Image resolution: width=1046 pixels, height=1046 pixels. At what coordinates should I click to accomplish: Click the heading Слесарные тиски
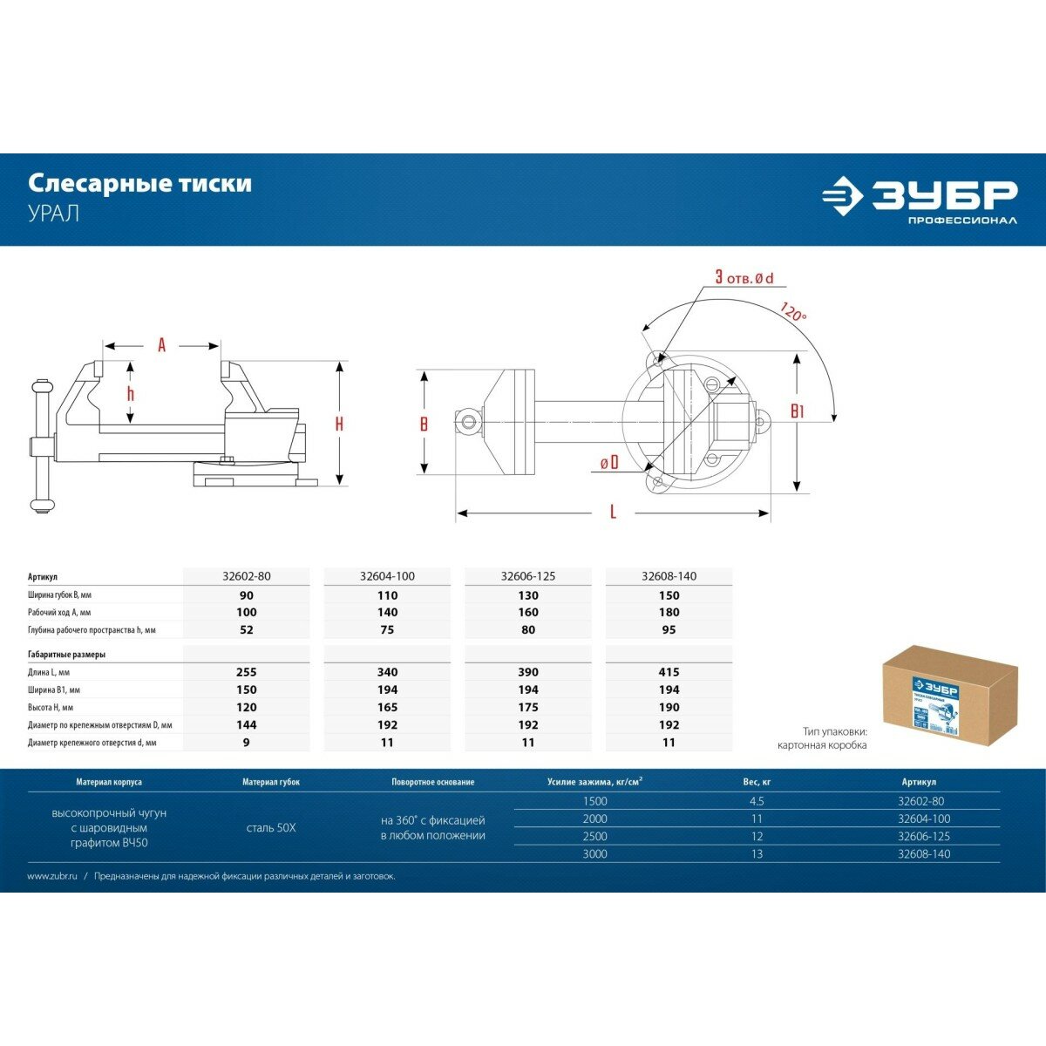coord(140,183)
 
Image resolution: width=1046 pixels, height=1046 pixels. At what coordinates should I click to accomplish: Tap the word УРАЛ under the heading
coord(54,214)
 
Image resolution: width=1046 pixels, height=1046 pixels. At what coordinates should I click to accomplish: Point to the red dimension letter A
coord(161,345)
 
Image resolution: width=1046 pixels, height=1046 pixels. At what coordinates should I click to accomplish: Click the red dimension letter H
coord(339,424)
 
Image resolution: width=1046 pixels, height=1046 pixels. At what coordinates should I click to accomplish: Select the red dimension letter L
coord(613,513)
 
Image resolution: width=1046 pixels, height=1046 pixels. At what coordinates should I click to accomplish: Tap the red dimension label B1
coord(797,411)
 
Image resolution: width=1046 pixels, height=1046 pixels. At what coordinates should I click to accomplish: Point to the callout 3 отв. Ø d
coord(744,277)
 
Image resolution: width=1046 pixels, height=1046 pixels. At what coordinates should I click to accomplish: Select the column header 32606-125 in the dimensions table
coord(527,576)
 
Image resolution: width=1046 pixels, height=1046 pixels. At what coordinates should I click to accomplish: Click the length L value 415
coord(669,672)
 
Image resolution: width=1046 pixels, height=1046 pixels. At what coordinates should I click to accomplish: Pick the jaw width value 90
coord(247,595)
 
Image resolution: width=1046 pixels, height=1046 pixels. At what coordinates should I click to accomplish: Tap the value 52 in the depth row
coord(247,629)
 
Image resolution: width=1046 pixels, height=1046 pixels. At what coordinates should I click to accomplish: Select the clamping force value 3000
coord(594,854)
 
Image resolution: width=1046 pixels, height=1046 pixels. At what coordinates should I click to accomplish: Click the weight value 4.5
coord(757,801)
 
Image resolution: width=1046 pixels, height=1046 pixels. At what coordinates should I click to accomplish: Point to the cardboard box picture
coord(949,696)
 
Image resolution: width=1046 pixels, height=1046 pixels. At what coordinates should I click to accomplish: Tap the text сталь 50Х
coord(271,827)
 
